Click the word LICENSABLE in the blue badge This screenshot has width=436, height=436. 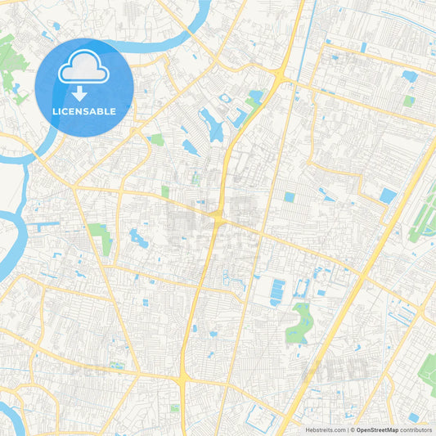coord(84,110)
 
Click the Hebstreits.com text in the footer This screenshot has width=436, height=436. coord(325,429)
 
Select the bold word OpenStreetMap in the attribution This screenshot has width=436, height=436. coord(376,429)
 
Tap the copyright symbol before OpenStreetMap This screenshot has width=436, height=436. coord(352,429)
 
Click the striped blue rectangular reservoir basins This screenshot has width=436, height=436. coord(278,290)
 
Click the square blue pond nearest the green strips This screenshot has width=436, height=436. coord(388,196)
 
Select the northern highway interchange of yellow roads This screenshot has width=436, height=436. coord(281,79)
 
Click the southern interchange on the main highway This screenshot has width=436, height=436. coord(182,378)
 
